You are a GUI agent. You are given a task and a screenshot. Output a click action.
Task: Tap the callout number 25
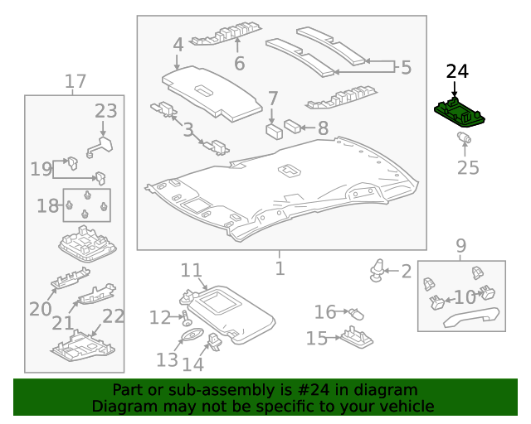(468, 168)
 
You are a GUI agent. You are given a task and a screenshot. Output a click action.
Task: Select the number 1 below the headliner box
(280, 268)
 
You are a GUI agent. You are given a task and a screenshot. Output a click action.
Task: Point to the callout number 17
(76, 81)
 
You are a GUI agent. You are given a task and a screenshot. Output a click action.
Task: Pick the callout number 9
(460, 246)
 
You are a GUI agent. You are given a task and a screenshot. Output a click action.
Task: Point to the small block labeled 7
(272, 130)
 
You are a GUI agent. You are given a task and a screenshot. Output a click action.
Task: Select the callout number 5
(406, 67)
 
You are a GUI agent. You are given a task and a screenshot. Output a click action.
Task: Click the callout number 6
(239, 63)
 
